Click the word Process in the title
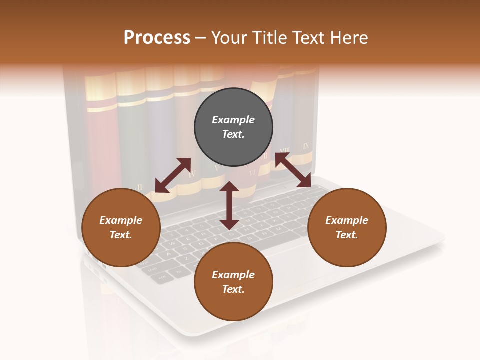[x=157, y=38]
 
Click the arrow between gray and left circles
[x=173, y=175]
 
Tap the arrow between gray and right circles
[x=293, y=170]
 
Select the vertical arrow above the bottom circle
[x=229, y=205]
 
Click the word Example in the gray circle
[x=233, y=120]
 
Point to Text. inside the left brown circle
[x=121, y=235]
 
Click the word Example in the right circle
[x=347, y=220]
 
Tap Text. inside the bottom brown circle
[x=233, y=289]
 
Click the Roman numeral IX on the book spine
[x=306, y=146]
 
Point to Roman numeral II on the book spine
[x=140, y=187]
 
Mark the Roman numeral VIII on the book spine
[x=285, y=150]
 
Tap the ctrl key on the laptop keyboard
[x=162, y=276]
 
